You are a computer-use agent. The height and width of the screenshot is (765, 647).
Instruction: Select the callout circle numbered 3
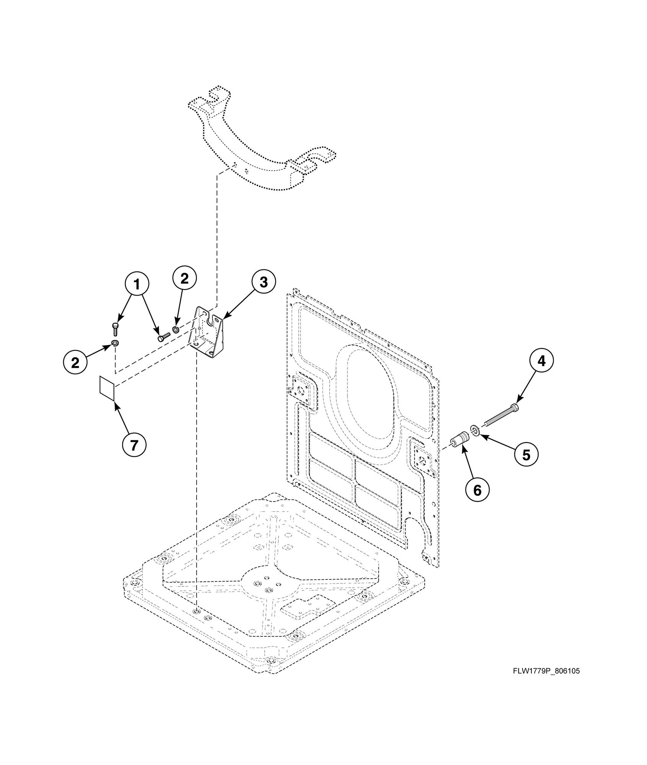(263, 282)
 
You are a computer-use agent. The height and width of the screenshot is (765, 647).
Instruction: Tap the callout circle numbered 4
(541, 361)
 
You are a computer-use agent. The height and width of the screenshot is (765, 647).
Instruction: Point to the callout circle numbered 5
(526, 455)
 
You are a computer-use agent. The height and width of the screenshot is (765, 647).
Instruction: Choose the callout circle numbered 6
(477, 490)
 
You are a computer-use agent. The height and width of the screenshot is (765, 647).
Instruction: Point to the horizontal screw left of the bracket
(163, 337)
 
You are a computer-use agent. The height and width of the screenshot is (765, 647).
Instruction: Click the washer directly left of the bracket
(176, 329)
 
